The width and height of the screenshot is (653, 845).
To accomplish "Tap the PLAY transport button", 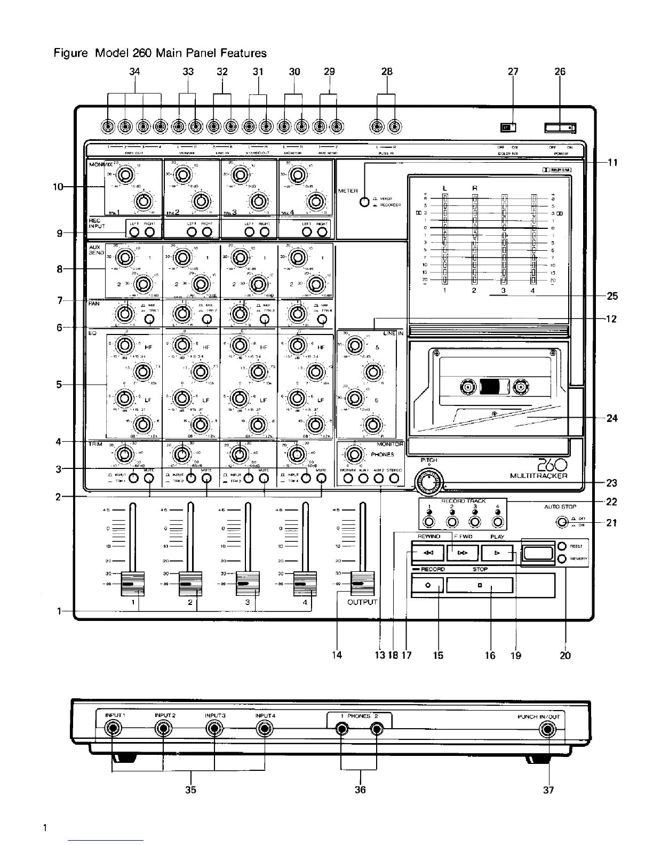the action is [x=497, y=553].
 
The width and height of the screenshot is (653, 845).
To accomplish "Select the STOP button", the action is [x=479, y=585].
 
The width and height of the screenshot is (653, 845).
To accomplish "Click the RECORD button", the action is [x=427, y=585].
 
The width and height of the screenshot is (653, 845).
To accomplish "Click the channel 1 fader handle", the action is [x=132, y=584].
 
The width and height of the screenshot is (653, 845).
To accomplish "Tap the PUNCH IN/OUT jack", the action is [x=547, y=729].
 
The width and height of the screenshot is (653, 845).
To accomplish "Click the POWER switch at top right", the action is [x=560, y=127].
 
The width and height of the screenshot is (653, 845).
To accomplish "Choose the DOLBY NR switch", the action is [x=508, y=127].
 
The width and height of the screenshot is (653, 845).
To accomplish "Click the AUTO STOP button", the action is [x=561, y=522].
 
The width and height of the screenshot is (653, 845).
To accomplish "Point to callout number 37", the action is [x=548, y=790].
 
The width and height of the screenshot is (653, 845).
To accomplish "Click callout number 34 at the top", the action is [x=134, y=71].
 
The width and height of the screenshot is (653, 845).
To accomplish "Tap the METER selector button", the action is [x=364, y=202].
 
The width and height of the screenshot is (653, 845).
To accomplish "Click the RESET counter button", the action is [x=562, y=546].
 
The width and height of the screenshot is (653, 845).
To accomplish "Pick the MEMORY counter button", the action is [x=562, y=559].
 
